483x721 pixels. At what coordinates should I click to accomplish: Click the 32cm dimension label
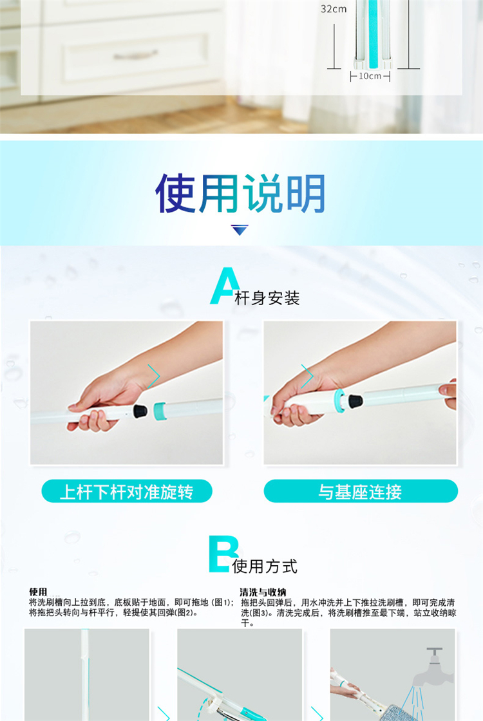tap(334, 9)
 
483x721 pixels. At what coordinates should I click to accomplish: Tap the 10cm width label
tap(370, 76)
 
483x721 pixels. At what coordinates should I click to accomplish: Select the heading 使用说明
tap(240, 194)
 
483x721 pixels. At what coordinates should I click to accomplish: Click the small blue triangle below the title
tap(240, 230)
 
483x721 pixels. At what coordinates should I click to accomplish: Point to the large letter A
tap(225, 285)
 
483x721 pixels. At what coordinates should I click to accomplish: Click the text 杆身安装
tap(267, 298)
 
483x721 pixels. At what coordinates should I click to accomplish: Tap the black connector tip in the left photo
tap(140, 411)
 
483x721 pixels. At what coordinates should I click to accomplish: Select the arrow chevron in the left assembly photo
tap(154, 376)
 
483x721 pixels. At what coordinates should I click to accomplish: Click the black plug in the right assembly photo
tap(355, 400)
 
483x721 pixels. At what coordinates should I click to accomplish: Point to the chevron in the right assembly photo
tap(307, 376)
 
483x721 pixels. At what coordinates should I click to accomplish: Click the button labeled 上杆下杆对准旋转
tap(126, 492)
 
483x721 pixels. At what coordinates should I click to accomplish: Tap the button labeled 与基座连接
tap(361, 492)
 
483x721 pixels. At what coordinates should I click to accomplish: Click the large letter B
tap(223, 554)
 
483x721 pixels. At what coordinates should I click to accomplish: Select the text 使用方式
tap(265, 566)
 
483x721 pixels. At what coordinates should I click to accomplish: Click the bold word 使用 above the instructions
tap(38, 592)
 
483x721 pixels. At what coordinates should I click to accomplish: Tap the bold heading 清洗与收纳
tap(263, 592)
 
